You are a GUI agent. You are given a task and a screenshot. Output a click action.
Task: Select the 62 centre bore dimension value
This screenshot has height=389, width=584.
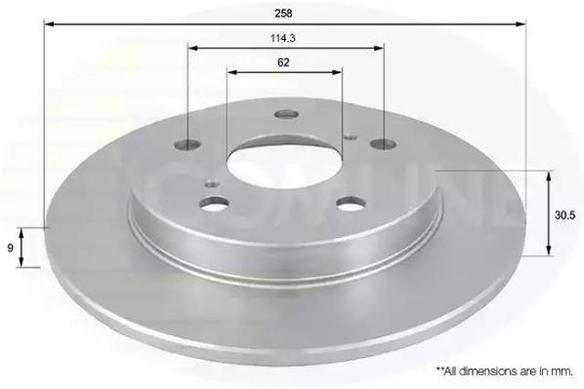[x=284, y=62]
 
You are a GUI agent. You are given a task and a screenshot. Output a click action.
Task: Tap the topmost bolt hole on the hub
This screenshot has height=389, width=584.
[x=287, y=115]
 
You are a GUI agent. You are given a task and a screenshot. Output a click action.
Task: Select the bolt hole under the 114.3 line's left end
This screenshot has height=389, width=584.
[x=188, y=144]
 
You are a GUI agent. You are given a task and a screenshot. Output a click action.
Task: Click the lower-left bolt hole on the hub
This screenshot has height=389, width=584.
[x=215, y=204]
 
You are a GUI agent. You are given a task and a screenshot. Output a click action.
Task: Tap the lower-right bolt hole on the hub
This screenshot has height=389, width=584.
[x=351, y=204]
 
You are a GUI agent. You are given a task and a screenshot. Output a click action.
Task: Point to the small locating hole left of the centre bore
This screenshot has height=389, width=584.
[x=213, y=183]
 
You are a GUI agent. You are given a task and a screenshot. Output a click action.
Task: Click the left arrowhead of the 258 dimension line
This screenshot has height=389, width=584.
[x=48, y=26]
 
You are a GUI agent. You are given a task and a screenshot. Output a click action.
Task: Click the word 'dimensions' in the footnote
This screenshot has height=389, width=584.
[x=488, y=372]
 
